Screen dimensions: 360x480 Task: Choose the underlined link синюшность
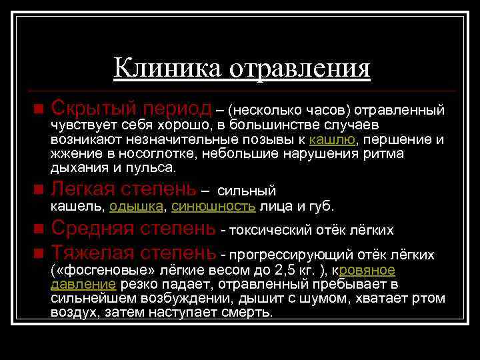pyautogui.click(x=213, y=206)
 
